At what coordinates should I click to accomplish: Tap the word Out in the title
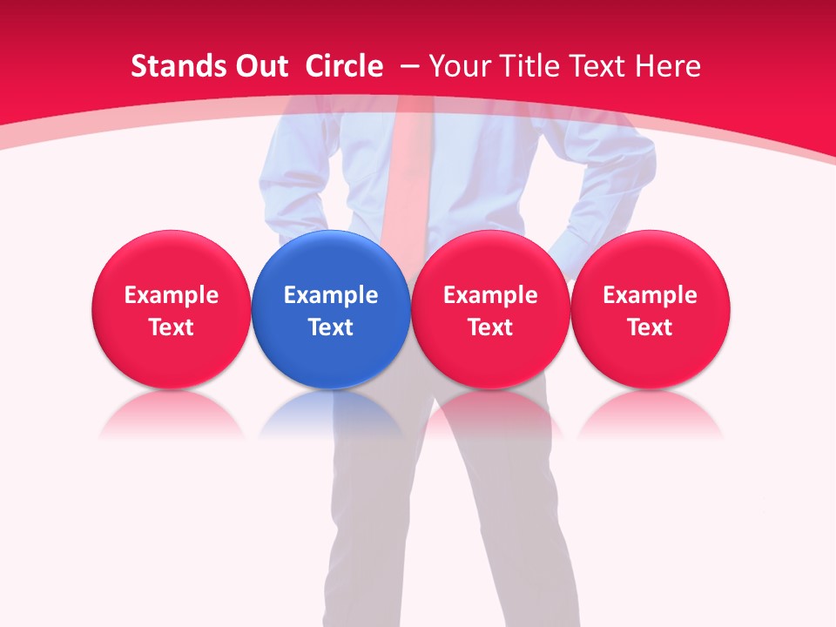click(260, 66)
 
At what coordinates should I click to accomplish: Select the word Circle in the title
click(344, 66)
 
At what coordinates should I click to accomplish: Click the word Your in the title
click(460, 66)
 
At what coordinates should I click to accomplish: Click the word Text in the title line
click(597, 66)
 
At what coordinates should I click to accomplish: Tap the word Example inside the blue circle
click(331, 295)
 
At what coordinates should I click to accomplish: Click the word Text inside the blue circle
click(331, 327)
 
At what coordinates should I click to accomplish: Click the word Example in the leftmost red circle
click(172, 295)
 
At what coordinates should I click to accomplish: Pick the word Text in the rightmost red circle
click(650, 327)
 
